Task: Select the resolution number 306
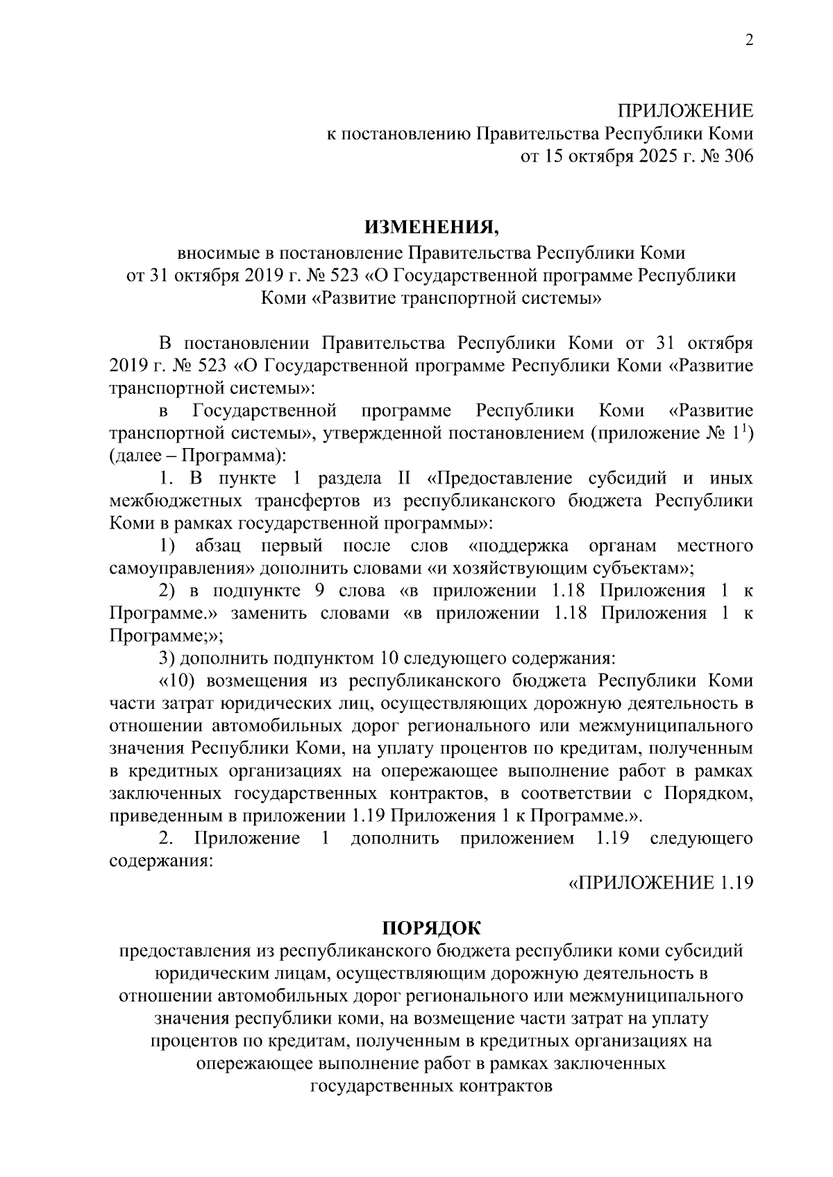point(736,156)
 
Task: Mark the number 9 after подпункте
point(316,591)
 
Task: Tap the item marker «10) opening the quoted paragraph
point(176,681)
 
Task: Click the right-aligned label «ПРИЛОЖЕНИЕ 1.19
point(661,883)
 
